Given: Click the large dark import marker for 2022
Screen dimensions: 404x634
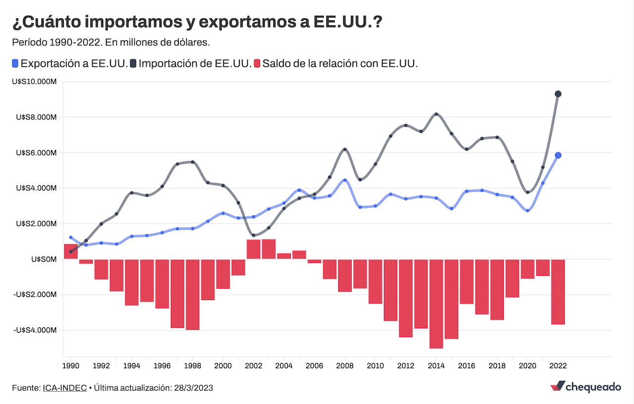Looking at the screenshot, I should point(558,94).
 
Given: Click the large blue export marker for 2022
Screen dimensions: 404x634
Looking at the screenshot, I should point(558,155).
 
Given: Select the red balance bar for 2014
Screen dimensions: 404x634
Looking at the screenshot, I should point(436,303).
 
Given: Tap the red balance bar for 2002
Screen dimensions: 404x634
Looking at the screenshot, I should point(254,249).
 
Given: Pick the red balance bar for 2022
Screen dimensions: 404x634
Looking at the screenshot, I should point(558,292).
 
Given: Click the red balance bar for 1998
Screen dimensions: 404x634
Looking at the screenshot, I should point(193,294).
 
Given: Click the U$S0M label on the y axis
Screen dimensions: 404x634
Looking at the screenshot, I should point(44,259).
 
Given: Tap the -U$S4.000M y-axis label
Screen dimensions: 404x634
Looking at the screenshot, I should point(36,330).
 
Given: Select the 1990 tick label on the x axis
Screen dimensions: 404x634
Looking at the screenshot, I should point(71,366).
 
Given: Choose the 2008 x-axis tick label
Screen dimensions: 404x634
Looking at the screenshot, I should point(345,366).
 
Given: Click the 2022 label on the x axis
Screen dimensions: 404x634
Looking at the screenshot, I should point(558,366).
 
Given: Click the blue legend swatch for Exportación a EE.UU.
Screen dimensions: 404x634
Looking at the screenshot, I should point(15,63).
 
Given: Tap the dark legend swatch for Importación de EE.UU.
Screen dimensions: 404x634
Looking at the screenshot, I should point(133,63).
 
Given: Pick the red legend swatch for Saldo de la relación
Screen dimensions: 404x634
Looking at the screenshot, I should point(257,63).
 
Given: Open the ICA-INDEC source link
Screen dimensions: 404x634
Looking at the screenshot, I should point(65,388).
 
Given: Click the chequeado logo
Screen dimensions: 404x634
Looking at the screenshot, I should point(585,387).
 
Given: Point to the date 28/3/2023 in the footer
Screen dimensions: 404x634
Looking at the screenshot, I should point(194,388).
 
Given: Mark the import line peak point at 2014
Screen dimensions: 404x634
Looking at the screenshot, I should point(436,114).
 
